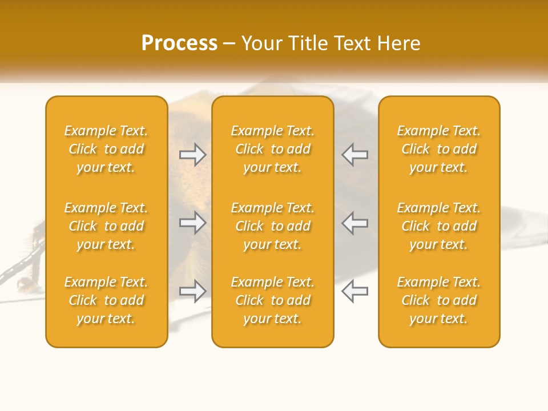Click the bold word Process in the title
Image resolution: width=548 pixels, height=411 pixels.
tap(179, 43)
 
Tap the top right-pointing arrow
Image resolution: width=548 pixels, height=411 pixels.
tap(193, 155)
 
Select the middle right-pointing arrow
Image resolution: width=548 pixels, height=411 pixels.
tap(193, 223)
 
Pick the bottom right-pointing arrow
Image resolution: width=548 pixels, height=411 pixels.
tap(193, 291)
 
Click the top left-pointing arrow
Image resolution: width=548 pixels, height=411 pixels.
tap(354, 155)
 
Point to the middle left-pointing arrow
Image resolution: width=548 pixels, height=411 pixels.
tap(354, 223)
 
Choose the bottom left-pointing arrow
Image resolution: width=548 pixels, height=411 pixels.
tap(354, 291)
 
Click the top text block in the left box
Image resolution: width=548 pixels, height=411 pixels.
tap(106, 149)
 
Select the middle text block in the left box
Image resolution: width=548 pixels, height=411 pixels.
tap(106, 226)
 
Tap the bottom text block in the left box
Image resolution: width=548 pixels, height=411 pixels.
tap(106, 300)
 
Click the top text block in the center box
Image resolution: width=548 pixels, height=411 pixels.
tap(272, 149)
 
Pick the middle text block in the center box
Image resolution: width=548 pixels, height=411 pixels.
tap(272, 226)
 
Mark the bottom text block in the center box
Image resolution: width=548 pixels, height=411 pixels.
tap(272, 300)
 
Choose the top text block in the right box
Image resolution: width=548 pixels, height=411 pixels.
tap(438, 149)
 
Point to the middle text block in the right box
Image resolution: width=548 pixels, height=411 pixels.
tap(438, 226)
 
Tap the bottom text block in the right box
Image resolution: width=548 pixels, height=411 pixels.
tap(438, 300)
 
